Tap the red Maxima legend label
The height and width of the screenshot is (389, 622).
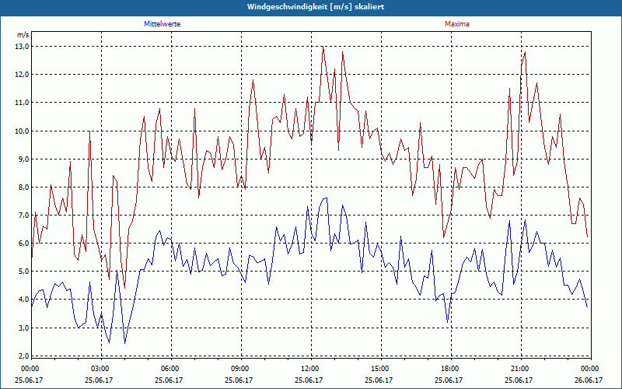pos(457,24)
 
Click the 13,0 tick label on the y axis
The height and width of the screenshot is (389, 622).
pos(22,46)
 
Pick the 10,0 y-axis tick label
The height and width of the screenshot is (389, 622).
pos(22,131)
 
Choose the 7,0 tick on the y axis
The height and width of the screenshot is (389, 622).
pos(22,215)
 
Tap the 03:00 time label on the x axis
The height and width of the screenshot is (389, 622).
pos(100,368)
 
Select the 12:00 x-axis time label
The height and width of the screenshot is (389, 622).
pos(310,368)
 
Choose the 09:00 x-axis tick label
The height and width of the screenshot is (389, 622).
pos(240,368)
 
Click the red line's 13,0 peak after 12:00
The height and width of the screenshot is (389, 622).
pos(323,47)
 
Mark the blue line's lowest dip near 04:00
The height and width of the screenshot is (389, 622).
pos(124,343)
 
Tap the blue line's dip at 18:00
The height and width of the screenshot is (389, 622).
pos(448,321)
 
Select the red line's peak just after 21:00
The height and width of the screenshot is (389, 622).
pos(526,52)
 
